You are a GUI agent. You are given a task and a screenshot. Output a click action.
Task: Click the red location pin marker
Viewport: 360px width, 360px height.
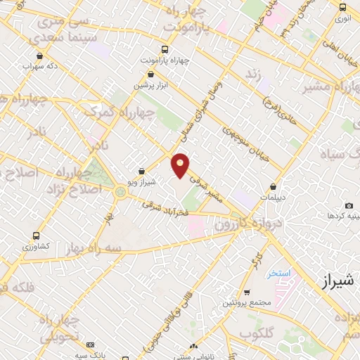pyautogui.click(x=181, y=165)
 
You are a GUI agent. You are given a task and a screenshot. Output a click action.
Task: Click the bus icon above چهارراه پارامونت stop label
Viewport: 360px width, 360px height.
pyautogui.click(x=165, y=49)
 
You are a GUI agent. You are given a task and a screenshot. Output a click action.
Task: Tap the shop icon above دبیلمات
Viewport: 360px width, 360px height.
pyautogui.click(x=274, y=188)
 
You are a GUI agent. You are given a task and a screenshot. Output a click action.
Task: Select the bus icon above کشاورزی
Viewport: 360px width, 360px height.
pyautogui.click(x=37, y=236)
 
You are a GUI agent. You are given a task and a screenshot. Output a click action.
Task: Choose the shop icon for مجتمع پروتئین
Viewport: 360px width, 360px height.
pyautogui.click(x=247, y=292)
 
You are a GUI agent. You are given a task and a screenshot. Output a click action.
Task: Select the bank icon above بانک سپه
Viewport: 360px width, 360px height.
pyautogui.click(x=90, y=345)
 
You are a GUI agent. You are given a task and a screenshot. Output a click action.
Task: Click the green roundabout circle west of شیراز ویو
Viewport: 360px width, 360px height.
pyautogui.click(x=121, y=191)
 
